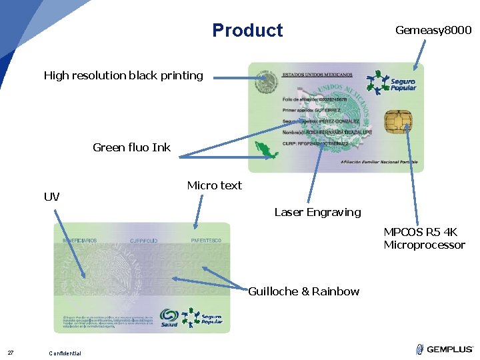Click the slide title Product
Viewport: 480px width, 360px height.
[247, 31]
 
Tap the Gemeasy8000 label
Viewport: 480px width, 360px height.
[433, 30]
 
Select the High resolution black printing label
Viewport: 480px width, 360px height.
[123, 75]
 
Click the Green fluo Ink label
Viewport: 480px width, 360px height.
[131, 147]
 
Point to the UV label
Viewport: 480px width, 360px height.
[51, 197]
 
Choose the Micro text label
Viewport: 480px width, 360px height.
[214, 185]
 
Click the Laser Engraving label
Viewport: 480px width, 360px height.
[317, 212]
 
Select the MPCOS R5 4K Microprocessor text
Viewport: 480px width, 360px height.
[424, 239]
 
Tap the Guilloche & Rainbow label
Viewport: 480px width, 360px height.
[303, 291]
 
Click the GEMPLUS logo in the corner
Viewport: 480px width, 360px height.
[444, 349]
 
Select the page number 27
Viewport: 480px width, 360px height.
[11, 353]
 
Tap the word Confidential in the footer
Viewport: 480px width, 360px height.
[65, 353]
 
